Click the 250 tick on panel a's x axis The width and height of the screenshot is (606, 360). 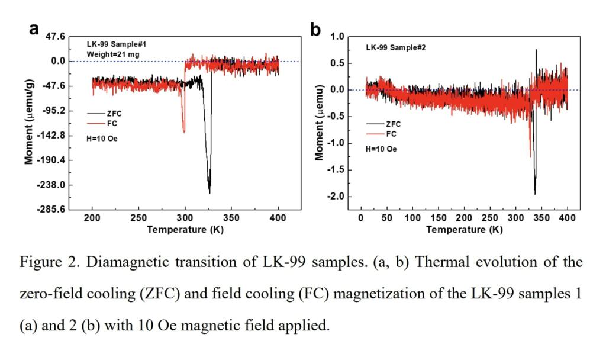[x=138, y=218]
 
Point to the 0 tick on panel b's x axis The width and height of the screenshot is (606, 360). [x=360, y=218]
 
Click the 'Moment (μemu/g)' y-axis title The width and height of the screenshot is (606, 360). [x=29, y=123]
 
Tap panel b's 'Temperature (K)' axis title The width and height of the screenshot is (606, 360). [x=464, y=229]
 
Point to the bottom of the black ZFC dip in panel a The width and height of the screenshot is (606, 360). [x=209, y=192]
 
